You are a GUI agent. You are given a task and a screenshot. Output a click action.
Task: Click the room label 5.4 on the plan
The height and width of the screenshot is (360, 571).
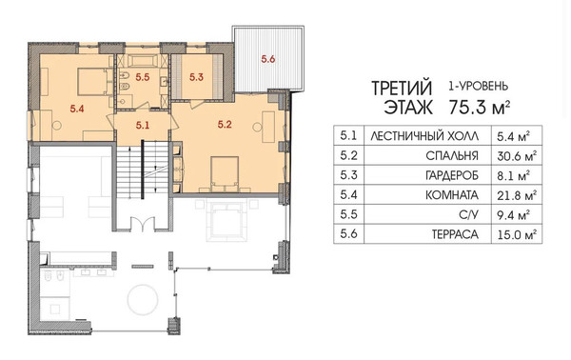[x=77, y=109]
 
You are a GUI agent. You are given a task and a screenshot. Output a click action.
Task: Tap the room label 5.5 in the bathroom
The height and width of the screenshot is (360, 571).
[x=143, y=77]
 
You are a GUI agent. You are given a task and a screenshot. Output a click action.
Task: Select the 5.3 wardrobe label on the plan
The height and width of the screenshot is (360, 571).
[x=196, y=77]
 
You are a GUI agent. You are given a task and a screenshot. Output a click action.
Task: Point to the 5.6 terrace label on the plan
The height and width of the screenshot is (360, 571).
[x=268, y=59]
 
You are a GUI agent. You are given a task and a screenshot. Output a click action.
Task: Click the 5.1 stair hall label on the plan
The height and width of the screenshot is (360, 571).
[x=143, y=126]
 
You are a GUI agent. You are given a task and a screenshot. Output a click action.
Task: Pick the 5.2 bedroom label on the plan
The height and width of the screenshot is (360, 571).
[x=225, y=125]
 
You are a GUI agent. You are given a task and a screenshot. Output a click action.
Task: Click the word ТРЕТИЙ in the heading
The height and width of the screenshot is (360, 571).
[x=402, y=89]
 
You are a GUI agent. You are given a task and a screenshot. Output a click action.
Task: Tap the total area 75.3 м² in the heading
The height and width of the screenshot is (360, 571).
[x=480, y=108]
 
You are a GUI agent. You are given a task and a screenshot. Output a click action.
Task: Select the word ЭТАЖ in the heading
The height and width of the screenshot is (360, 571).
[x=408, y=108]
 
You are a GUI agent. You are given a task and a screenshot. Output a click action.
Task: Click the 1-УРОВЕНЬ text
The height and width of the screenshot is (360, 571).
[x=478, y=87]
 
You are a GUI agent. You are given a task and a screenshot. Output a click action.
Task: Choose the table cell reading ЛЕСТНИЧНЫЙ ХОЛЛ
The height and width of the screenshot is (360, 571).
[x=424, y=136]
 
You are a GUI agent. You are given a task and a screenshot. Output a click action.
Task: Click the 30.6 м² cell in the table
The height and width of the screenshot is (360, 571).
[x=517, y=156]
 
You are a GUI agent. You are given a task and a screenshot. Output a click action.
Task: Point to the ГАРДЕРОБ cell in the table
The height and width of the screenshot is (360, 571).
[x=451, y=176]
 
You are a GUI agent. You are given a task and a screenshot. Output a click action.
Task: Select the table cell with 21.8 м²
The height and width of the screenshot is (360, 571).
[x=517, y=195]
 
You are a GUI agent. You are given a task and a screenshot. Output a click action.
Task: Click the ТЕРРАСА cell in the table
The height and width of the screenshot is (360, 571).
[x=455, y=234]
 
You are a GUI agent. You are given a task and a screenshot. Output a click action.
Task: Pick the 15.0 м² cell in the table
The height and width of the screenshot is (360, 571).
[x=517, y=234]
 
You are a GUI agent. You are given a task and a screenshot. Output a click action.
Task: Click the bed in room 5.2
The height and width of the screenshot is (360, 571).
[x=225, y=173]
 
